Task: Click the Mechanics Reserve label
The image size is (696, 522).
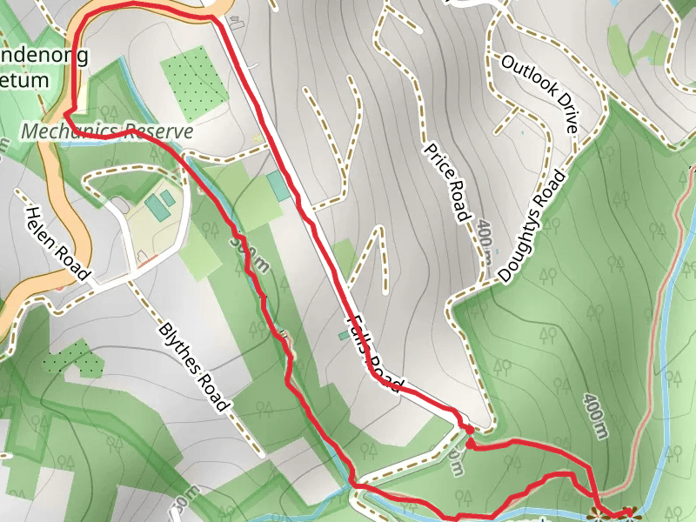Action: click(107, 131)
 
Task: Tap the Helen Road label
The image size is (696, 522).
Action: click(58, 244)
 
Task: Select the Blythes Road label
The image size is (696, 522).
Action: click(195, 367)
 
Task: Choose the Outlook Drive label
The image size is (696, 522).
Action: click(539, 93)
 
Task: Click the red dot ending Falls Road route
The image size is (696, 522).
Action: click(469, 429)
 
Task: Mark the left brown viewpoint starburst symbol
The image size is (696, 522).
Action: click(598, 512)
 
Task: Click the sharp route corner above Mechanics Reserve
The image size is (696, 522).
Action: click(66, 112)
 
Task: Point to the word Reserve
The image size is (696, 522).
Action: click(158, 131)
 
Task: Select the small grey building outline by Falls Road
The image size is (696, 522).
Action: click(236, 19)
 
